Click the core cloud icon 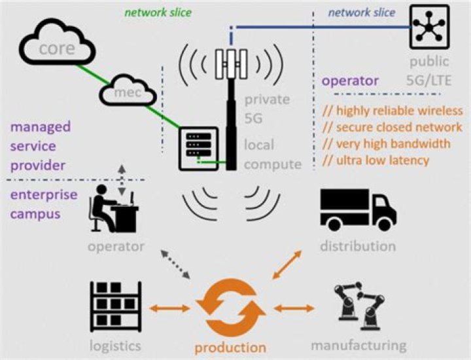pyautogui.click(x=57, y=42)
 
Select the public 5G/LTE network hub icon pyautogui.click(x=429, y=27)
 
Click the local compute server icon pyautogui.click(x=199, y=149)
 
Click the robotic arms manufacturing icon pyautogui.click(x=359, y=306)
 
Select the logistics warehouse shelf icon pyautogui.click(x=116, y=306)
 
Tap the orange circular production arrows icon pyautogui.click(x=230, y=308)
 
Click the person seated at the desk pyautogui.click(x=114, y=209)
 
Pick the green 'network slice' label pyautogui.click(x=158, y=12)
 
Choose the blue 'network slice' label pyautogui.click(x=362, y=12)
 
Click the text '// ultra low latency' pyautogui.click(x=375, y=160)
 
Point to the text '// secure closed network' pyautogui.click(x=392, y=128)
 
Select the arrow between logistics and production pyautogui.click(x=169, y=308)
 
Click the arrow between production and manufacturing pyautogui.click(x=294, y=308)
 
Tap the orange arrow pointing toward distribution pyautogui.click(x=287, y=264)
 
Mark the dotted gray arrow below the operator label pyautogui.click(x=176, y=264)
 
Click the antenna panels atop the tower pyautogui.click(x=231, y=64)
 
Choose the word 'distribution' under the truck pyautogui.click(x=358, y=246)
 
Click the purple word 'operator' pyautogui.click(x=350, y=81)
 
